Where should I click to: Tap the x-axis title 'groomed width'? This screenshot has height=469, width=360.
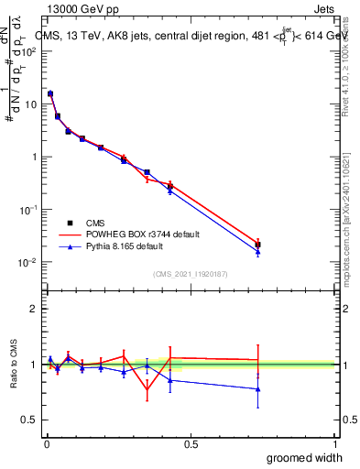point(304,457)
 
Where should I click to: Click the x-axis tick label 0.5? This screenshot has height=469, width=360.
point(190,443)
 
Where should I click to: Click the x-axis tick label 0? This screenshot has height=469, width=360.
point(46,443)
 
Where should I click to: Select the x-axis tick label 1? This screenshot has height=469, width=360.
point(334,443)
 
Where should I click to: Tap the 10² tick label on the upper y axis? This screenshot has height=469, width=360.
point(29,51)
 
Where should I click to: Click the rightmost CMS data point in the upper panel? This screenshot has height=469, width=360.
point(257,245)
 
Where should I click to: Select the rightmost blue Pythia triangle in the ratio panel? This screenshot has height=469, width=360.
point(257,389)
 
